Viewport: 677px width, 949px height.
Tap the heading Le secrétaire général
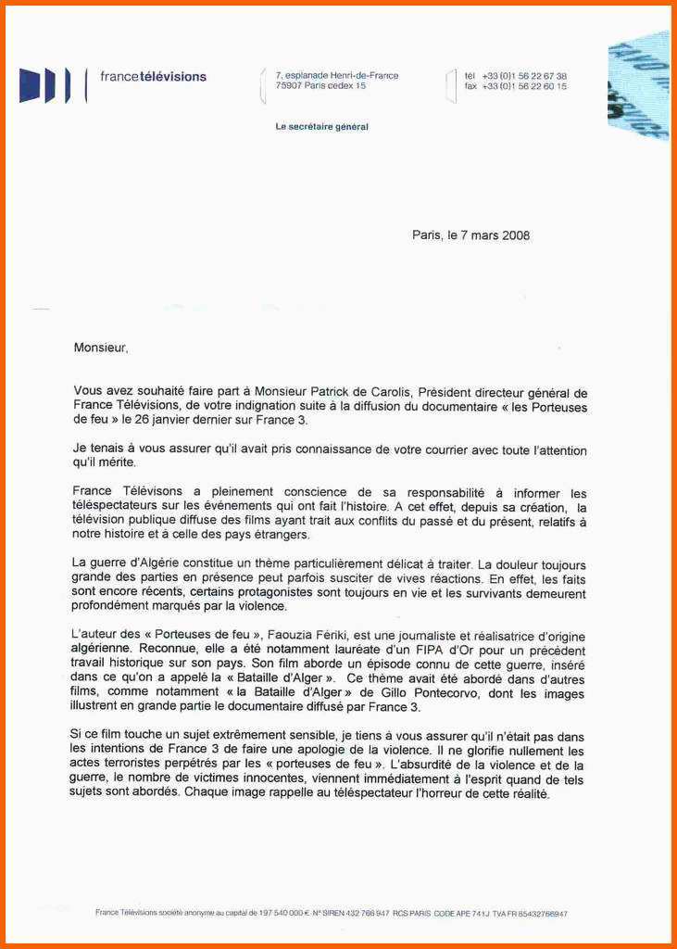tap(321, 127)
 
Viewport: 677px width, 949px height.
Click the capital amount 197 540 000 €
tap(282, 913)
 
